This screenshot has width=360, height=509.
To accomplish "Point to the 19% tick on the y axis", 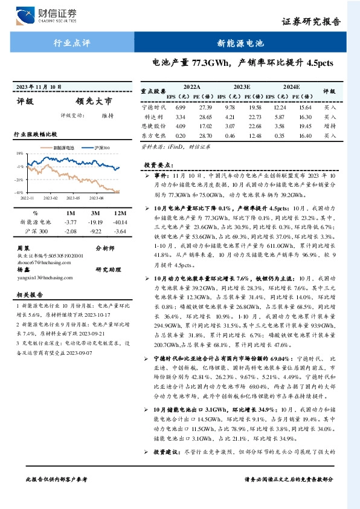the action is pyautogui.click(x=20, y=154).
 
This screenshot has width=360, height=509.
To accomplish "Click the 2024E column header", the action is pyautogui.click(x=291, y=87).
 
